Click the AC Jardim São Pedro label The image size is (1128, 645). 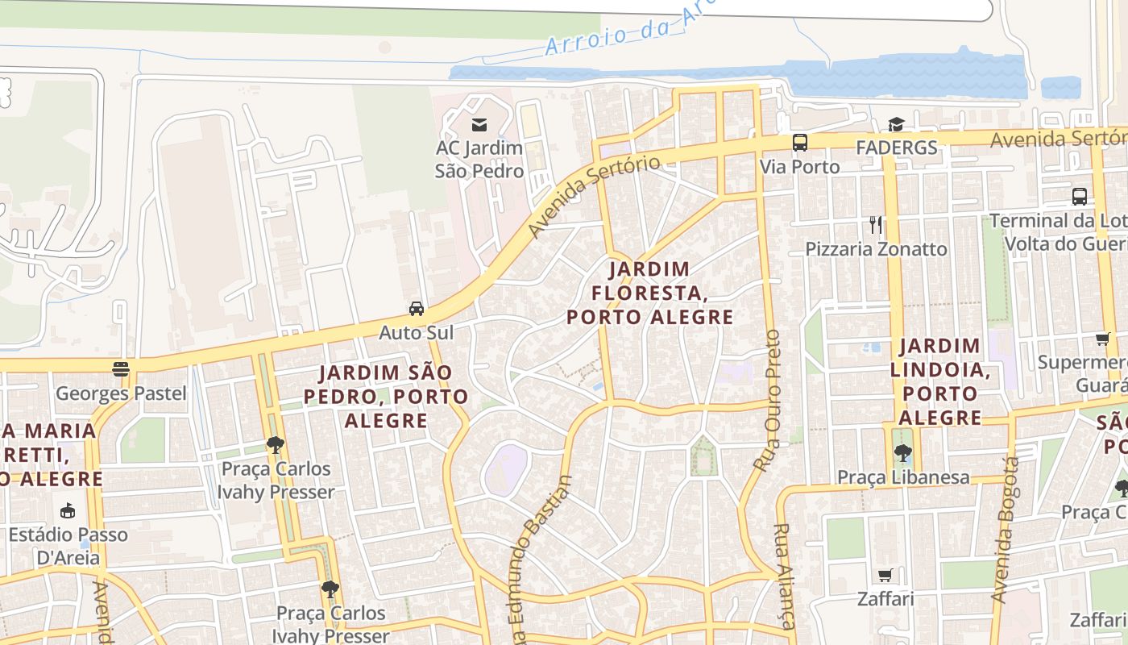(x=479, y=160)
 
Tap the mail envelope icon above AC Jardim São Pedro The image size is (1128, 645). (x=479, y=124)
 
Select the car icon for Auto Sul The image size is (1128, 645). (x=417, y=309)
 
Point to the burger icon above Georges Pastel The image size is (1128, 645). (x=121, y=369)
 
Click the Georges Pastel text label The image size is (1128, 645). (x=121, y=394)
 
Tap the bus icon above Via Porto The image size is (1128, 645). (x=800, y=143)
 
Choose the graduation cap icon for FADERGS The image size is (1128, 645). (x=896, y=124)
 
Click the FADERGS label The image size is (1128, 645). (x=896, y=148)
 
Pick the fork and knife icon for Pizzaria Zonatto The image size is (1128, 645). (x=876, y=225)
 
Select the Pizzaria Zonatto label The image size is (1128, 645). (x=876, y=249)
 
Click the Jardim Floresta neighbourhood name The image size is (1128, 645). (x=649, y=292)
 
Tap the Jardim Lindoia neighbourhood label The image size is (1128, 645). (x=939, y=381)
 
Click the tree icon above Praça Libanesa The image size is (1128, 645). (x=902, y=453)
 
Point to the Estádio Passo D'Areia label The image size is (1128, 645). (x=68, y=546)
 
